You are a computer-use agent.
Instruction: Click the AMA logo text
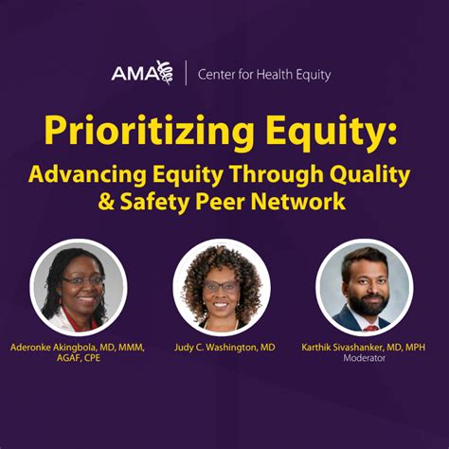coord(135,74)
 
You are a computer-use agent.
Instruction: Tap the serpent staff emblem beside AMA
coord(165,73)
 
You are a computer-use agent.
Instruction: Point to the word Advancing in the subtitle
coord(87,175)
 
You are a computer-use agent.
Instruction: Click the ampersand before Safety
coord(106,202)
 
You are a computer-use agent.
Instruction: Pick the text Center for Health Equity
coord(264,75)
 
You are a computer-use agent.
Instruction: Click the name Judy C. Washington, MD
coord(224,348)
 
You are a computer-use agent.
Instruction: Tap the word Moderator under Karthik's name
coord(364,358)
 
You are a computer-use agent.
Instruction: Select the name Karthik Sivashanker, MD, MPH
coord(363,348)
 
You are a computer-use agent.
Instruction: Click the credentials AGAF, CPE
coord(79,358)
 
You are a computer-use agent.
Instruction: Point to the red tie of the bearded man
coord(370,328)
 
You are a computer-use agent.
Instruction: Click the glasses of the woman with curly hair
coord(222,286)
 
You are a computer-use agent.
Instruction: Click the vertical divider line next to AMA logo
coord(186,73)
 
